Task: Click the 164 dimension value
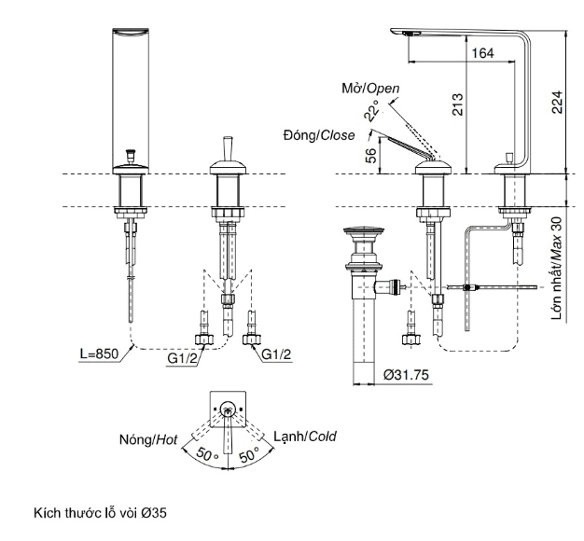tap(482, 54)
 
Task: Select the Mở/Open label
tap(369, 89)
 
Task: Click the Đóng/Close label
tap(319, 135)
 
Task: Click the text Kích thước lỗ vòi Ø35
tap(101, 513)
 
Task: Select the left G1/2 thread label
tap(184, 354)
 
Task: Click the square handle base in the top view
tap(228, 404)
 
